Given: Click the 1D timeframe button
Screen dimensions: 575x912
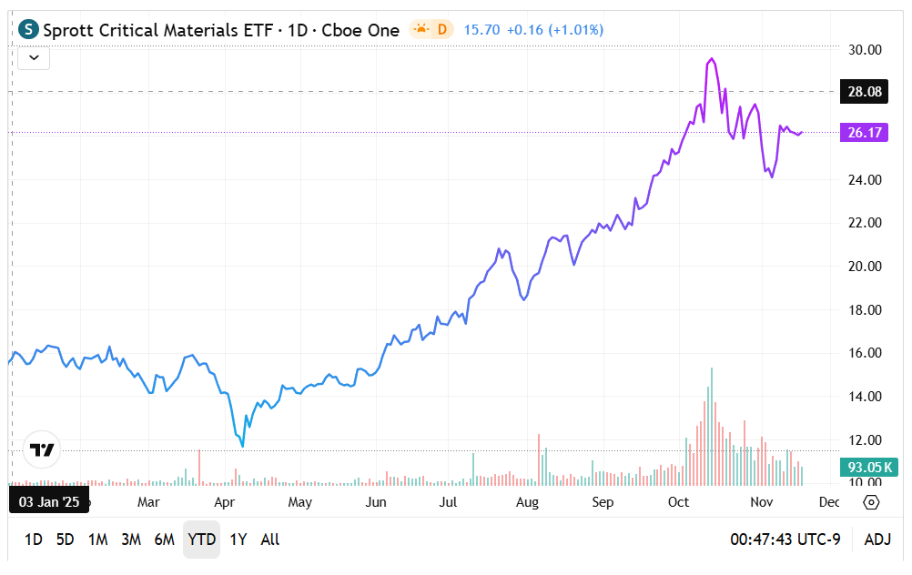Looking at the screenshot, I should click(34, 540).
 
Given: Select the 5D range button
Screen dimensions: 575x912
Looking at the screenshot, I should click(65, 540).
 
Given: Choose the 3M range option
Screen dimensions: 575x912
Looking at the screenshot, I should click(131, 540).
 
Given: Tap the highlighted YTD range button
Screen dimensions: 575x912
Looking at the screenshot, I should click(201, 540).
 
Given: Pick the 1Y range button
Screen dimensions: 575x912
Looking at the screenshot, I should click(238, 540).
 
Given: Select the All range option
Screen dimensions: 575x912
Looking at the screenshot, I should click(270, 540).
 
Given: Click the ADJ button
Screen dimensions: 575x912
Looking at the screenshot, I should click(877, 540).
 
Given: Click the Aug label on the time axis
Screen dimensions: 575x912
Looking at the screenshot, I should click(527, 502).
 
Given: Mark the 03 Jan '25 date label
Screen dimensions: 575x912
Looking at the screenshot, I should click(49, 501).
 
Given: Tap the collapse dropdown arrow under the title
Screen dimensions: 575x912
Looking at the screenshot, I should click(34, 58).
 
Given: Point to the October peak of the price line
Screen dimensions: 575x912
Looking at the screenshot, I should click(711, 59).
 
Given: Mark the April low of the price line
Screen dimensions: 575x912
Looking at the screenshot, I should click(242, 446).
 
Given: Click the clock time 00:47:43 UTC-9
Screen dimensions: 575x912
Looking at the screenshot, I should click(785, 540).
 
